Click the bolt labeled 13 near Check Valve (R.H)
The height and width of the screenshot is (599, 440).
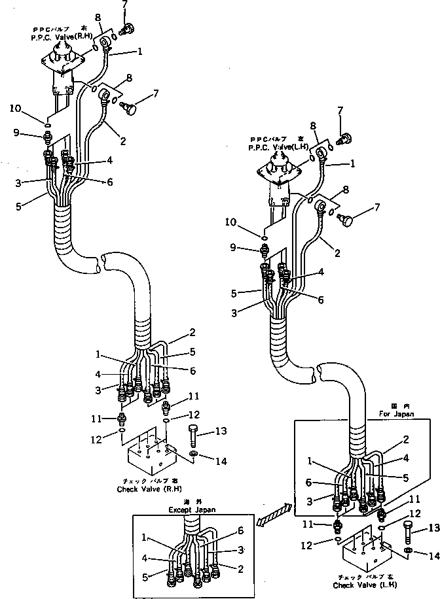click(x=194, y=435)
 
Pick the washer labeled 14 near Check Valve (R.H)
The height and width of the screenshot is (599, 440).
click(x=195, y=454)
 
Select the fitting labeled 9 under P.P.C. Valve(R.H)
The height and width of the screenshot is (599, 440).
click(x=48, y=137)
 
